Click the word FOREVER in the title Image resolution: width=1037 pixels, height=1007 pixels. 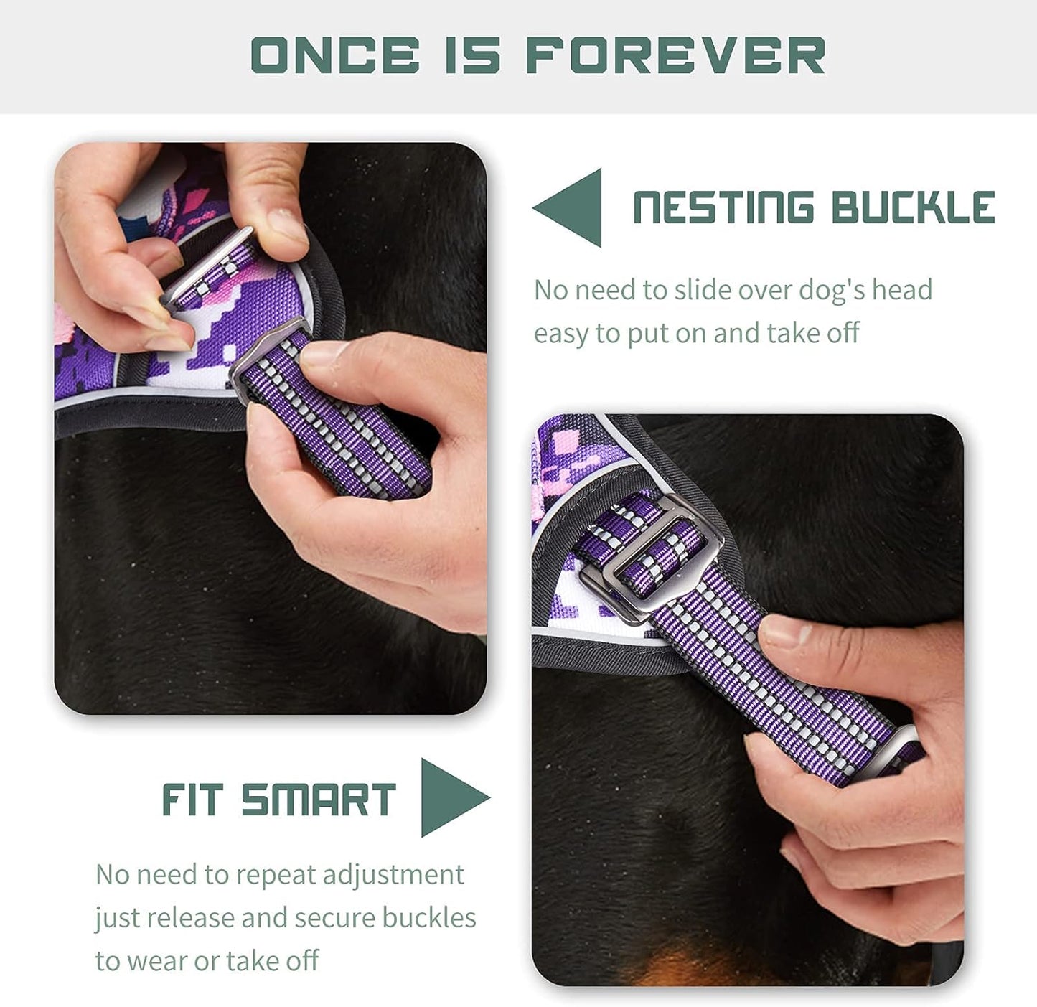point(675,55)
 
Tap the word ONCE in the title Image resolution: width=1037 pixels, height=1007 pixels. point(335,55)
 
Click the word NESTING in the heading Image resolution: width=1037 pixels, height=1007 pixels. point(723,208)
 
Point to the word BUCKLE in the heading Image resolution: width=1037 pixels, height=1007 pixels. point(913,208)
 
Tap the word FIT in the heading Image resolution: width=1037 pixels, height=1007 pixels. point(192,800)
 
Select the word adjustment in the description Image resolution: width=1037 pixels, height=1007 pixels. point(393,875)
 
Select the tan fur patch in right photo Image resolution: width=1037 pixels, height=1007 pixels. point(718,965)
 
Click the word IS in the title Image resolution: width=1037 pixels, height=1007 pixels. point(472,55)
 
